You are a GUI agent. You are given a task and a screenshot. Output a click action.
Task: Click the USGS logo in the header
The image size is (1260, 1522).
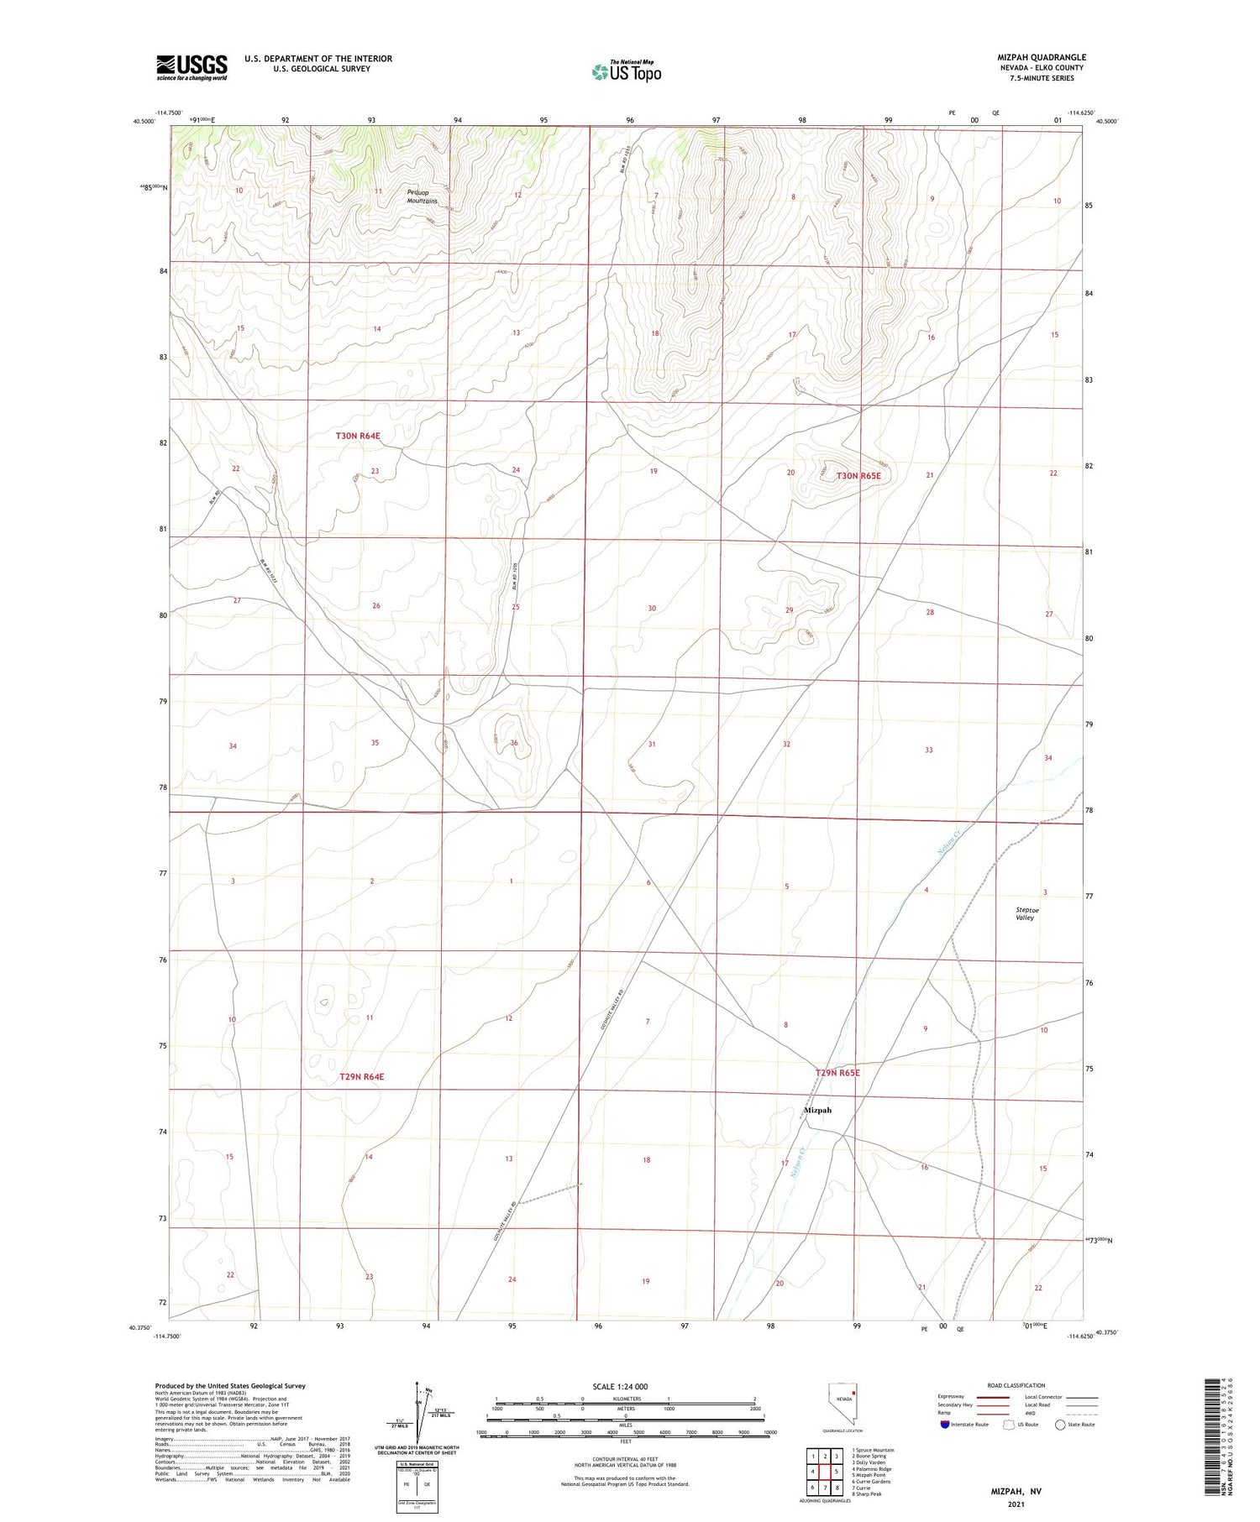pyautogui.click(x=192, y=67)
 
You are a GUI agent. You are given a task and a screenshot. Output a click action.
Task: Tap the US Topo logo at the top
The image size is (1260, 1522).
pyautogui.click(x=626, y=72)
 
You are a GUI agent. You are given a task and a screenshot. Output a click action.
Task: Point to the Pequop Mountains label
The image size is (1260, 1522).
pyautogui.click(x=422, y=196)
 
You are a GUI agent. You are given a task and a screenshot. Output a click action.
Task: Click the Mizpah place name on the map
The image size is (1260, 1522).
pyautogui.click(x=817, y=1110)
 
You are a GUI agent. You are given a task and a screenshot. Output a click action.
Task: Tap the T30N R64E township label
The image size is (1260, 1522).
pyautogui.click(x=358, y=436)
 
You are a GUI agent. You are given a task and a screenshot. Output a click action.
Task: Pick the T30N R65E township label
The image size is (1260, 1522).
pyautogui.click(x=858, y=476)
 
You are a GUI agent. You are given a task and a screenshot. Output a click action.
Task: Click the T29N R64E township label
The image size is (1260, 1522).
pyautogui.click(x=361, y=1076)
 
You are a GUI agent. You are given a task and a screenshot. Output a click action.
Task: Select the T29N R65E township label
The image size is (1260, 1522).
pyautogui.click(x=837, y=1073)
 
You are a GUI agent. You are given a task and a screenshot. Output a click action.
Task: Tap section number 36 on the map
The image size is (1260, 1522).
pyautogui.click(x=514, y=743)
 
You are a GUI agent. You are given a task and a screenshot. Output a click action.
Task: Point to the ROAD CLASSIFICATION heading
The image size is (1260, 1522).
pyautogui.click(x=1016, y=1385)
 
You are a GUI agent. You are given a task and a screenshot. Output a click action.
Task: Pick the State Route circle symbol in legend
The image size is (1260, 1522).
pyautogui.click(x=1060, y=1424)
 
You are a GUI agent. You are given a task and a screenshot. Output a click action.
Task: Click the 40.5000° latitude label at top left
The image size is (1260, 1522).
pyautogui.click(x=143, y=122)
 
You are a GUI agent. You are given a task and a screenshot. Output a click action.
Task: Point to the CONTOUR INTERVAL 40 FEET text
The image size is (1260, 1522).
pyautogui.click(x=625, y=1458)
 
